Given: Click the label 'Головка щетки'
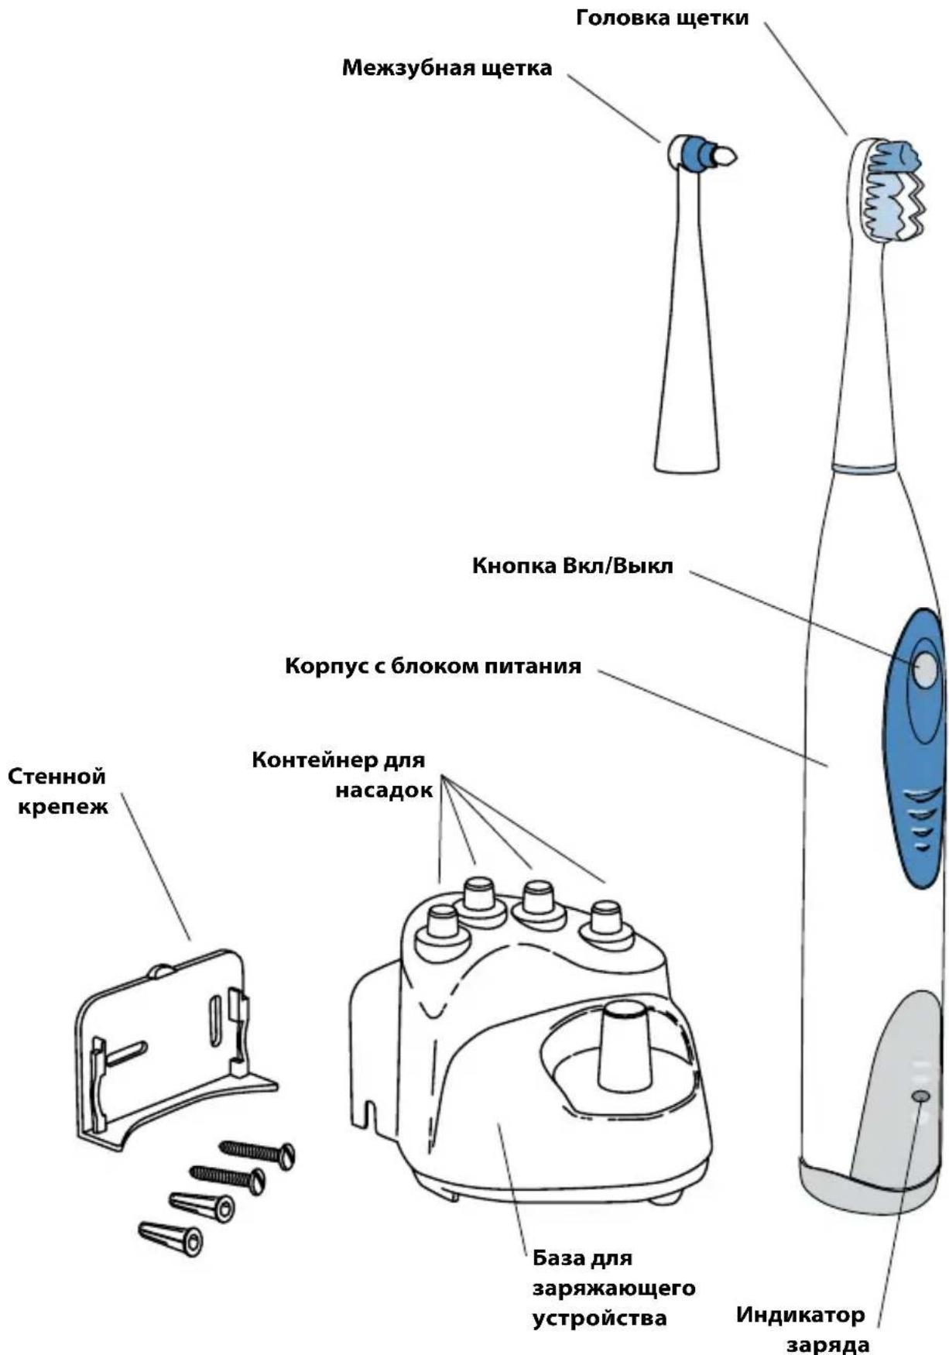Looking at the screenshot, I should click(x=662, y=18).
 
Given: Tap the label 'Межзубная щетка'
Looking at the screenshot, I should click(x=447, y=68).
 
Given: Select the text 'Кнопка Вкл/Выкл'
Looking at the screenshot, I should click(x=573, y=565).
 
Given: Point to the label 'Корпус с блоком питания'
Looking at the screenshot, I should click(x=433, y=666).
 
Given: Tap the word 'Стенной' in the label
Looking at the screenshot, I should click(x=57, y=776).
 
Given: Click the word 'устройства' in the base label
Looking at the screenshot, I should click(x=600, y=1319).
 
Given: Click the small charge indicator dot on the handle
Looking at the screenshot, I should click(x=920, y=1097).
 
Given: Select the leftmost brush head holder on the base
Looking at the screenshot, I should click(x=442, y=926).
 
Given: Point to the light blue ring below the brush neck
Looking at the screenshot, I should click(x=864, y=468).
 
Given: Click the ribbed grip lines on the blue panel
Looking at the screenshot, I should click(x=918, y=821).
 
